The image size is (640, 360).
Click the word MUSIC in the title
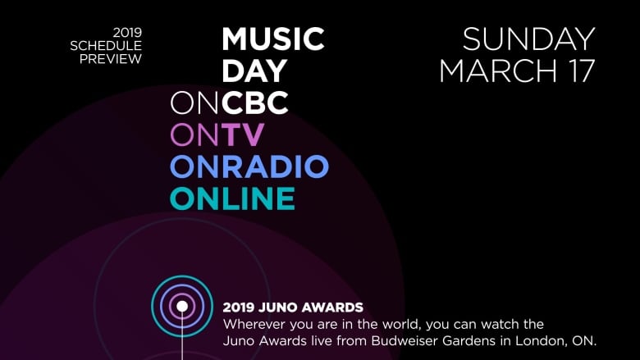pyautogui.click(x=273, y=39)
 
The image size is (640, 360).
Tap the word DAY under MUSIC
pyautogui.click(x=254, y=71)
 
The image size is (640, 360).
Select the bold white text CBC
pyautogui.click(x=255, y=103)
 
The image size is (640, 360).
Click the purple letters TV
pyautogui.click(x=243, y=134)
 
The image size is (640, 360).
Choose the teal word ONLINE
pyautogui.click(x=232, y=198)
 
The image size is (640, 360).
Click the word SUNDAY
pyautogui.click(x=528, y=39)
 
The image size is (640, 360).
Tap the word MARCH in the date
pyautogui.click(x=498, y=71)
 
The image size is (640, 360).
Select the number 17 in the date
pyautogui.click(x=580, y=71)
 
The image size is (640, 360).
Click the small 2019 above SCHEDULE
pyautogui.click(x=127, y=32)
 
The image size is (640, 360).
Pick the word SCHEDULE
pyautogui.click(x=106, y=46)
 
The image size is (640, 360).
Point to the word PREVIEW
pyautogui.click(x=111, y=59)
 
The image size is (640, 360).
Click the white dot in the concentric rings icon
pyautogui.click(x=182, y=306)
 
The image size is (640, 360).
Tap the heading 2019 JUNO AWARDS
pyautogui.click(x=293, y=308)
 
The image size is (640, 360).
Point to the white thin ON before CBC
pyautogui.click(x=194, y=103)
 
